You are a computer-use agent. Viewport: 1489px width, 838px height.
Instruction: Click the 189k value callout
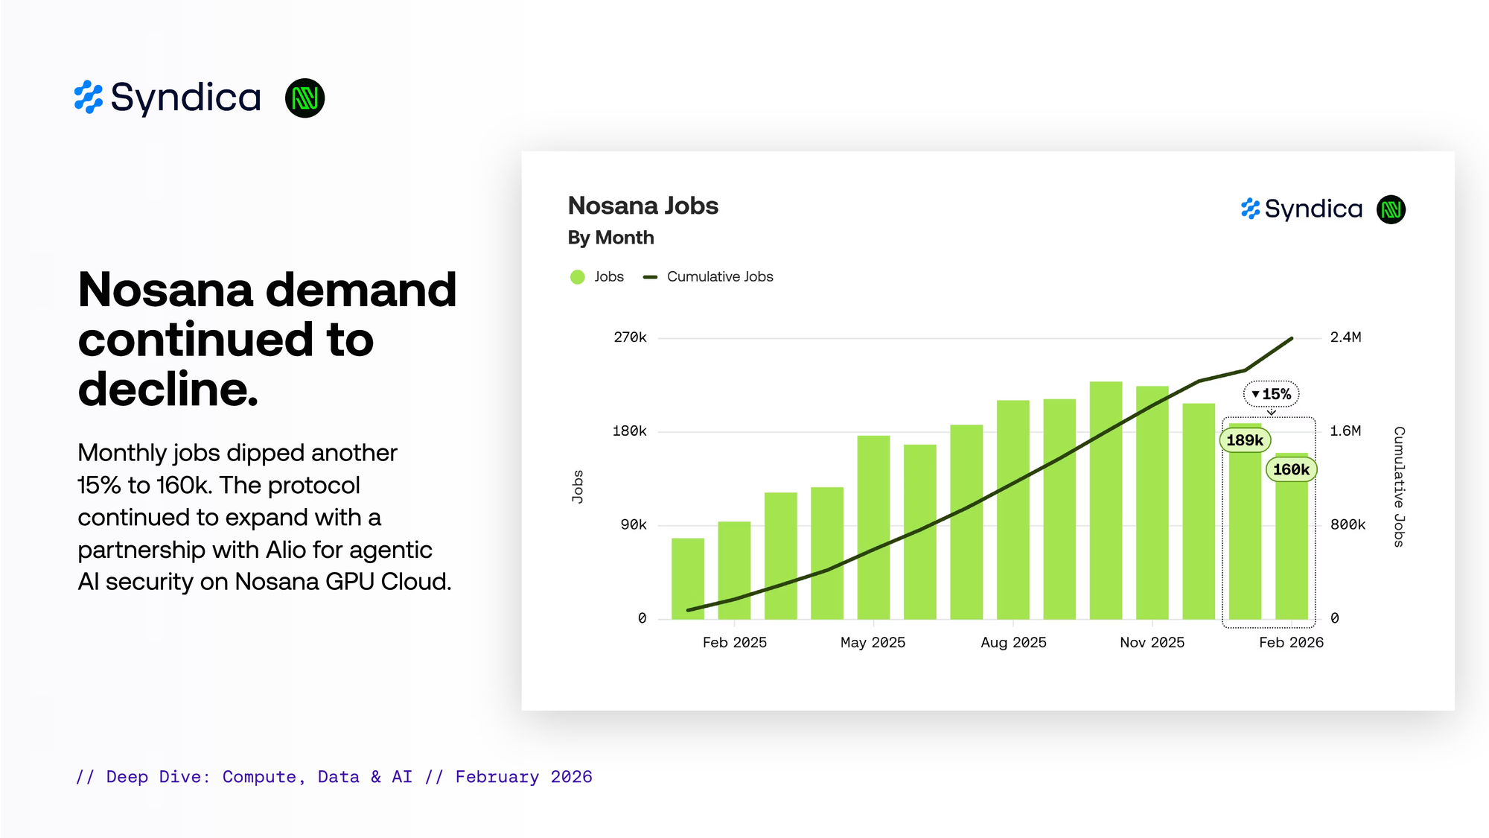[1245, 440]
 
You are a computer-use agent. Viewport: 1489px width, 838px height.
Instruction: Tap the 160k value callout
[1291, 469]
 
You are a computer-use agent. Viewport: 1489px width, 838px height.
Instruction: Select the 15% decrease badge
[1271, 394]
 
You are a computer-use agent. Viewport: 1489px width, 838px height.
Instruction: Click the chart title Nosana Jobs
[643, 206]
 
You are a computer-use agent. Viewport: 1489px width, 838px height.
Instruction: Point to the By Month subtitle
[610, 238]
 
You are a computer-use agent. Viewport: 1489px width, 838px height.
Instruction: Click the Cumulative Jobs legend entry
[719, 277]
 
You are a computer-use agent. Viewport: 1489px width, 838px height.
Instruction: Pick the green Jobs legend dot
[578, 277]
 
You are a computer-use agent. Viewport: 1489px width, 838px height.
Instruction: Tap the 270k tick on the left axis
[630, 337]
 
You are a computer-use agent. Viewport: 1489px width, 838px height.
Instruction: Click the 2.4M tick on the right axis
[1345, 337]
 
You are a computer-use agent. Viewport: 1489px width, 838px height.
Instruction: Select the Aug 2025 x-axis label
[1013, 642]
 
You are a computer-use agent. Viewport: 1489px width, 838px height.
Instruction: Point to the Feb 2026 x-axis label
[1291, 642]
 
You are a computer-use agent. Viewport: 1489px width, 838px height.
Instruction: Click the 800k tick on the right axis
[1348, 524]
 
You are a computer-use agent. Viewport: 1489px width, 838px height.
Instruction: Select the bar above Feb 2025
[734, 570]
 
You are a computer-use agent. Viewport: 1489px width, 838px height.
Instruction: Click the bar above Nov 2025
[1152, 503]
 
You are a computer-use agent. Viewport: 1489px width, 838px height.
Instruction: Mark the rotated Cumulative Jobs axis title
[1399, 486]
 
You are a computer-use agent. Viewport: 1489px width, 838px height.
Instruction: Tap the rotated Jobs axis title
[578, 486]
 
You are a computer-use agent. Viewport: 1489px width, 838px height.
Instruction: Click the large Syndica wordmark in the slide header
[185, 98]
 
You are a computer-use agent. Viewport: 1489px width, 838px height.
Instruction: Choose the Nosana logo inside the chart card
[1391, 209]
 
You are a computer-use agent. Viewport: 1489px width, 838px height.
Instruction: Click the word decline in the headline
[167, 389]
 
